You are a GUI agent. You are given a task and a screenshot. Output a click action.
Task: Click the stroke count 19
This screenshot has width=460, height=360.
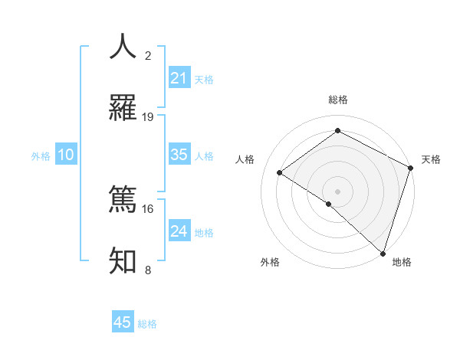(148, 117)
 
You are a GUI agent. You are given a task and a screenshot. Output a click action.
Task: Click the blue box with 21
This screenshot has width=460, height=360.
(179, 78)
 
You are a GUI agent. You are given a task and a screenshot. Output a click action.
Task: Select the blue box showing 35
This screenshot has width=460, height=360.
(179, 155)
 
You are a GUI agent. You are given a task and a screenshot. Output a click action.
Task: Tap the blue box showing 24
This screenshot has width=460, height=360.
(179, 231)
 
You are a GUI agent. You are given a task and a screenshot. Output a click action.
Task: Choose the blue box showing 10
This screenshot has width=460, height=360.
(66, 155)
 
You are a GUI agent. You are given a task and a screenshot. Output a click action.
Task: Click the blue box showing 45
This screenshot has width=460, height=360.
(123, 322)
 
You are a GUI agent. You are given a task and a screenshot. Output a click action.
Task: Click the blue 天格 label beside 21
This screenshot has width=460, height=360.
(204, 79)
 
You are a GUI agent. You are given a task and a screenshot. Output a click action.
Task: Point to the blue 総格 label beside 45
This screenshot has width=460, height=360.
(147, 323)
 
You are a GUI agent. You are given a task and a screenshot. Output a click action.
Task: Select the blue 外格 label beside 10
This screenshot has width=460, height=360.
(41, 155)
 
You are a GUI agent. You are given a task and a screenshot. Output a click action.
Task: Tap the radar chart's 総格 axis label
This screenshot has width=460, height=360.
(338, 100)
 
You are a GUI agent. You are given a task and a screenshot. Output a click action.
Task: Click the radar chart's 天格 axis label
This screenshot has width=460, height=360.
(432, 159)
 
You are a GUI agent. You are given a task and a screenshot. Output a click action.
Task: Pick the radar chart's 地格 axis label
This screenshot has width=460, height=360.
(402, 263)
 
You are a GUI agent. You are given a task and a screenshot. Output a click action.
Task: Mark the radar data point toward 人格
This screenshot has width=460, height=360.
(280, 172)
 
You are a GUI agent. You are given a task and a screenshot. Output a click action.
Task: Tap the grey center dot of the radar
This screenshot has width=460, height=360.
(338, 191)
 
